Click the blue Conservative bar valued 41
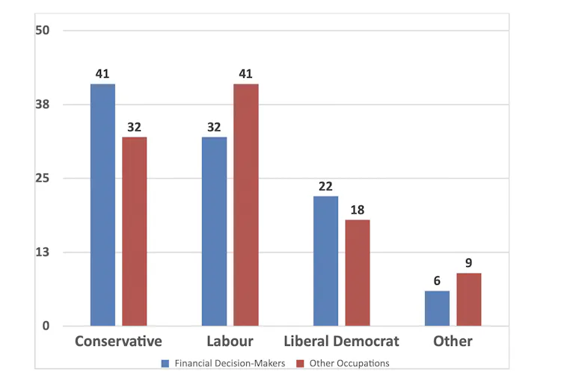103,205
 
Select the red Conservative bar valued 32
135,232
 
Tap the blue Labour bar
215,232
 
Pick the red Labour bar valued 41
246,205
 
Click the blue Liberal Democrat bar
325,261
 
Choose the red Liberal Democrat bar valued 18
358,273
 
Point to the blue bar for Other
437,309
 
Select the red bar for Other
469,300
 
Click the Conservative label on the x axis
119,341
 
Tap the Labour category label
230,341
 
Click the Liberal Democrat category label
341,341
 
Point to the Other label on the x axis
453,341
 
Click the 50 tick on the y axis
43,31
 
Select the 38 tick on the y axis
43,105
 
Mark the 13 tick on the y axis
43,253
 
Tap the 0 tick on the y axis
46,326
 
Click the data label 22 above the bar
325,187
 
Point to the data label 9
469,263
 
